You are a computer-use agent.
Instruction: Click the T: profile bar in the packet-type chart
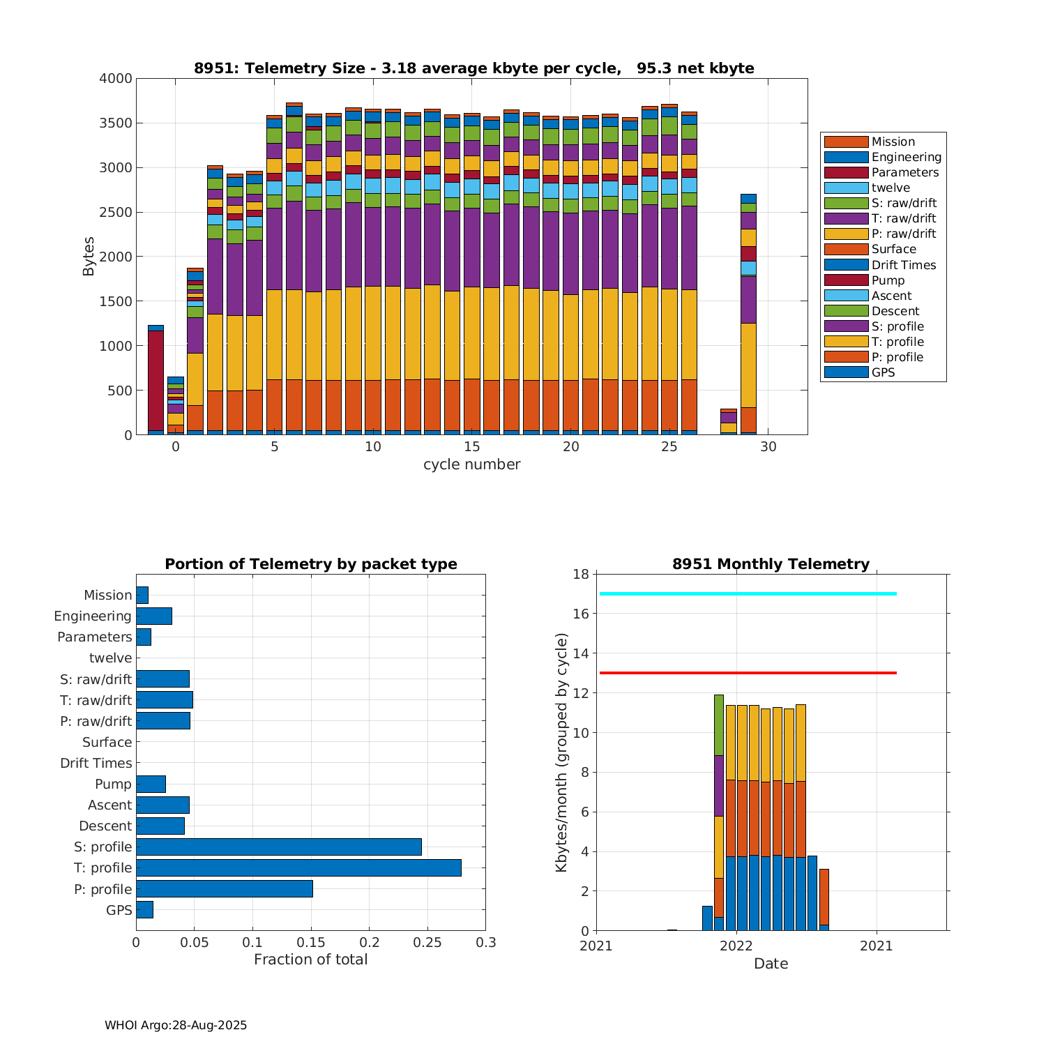pyautogui.click(x=298, y=867)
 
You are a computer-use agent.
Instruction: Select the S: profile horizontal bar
pyautogui.click(x=279, y=847)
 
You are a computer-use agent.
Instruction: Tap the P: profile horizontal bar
pyautogui.click(x=225, y=888)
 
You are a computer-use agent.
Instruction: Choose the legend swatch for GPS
pyautogui.click(x=846, y=372)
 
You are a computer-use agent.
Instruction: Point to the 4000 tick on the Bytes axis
pyautogui.click(x=116, y=79)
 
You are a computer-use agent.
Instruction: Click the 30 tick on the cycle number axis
pyautogui.click(x=768, y=447)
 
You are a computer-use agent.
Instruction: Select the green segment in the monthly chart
pyautogui.click(x=719, y=725)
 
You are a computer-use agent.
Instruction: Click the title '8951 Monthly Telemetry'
pyautogui.click(x=771, y=564)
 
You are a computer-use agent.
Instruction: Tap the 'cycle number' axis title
pyautogui.click(x=471, y=464)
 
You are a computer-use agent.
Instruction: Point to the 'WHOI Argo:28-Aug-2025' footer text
pyautogui.click(x=176, y=1025)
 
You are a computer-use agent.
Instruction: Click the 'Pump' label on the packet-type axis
pyautogui.click(x=113, y=784)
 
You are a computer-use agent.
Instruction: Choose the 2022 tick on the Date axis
pyautogui.click(x=736, y=946)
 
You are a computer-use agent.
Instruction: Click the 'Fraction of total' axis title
pyautogui.click(x=310, y=960)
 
